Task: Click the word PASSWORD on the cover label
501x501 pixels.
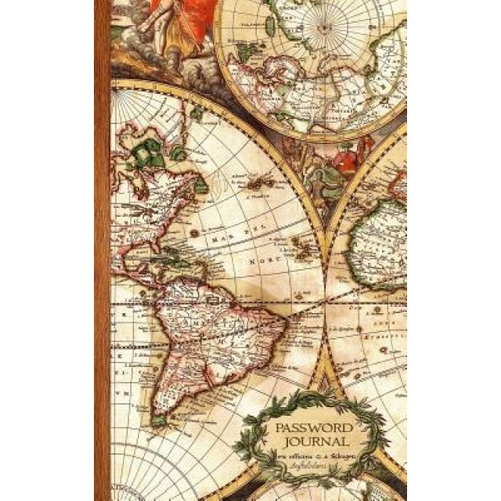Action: pos(313,428)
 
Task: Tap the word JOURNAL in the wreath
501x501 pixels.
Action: pos(313,444)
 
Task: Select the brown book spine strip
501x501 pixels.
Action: pos(102,250)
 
